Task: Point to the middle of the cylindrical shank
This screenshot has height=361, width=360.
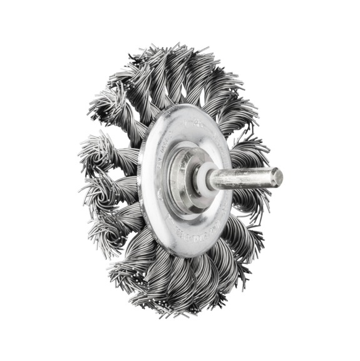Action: [x=244, y=179]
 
